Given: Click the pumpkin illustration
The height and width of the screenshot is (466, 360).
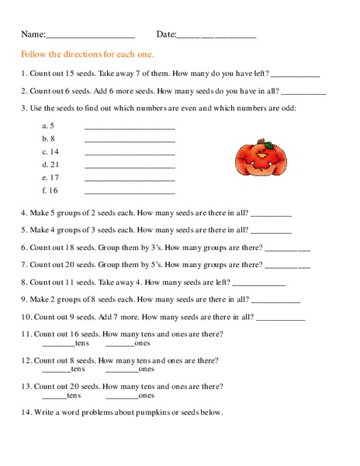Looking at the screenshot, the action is (x=255, y=159).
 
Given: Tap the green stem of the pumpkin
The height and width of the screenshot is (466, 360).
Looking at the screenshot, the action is (x=256, y=143).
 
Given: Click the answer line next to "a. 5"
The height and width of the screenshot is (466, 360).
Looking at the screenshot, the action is (x=129, y=127).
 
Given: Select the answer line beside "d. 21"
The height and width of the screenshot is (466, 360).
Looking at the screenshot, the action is (x=129, y=167).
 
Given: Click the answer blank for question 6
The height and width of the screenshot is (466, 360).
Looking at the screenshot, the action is (x=288, y=249).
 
